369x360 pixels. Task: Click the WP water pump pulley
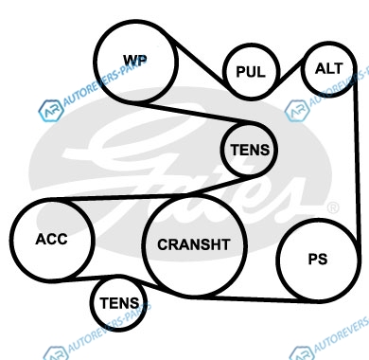point(136,62)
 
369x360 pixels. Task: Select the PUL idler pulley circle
point(251,72)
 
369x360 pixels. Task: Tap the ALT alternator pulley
point(329,69)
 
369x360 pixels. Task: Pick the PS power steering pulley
point(317,260)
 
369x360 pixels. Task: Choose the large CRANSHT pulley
point(194,245)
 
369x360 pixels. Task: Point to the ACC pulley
point(52,240)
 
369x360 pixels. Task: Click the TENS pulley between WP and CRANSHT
point(249,150)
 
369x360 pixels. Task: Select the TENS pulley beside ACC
point(119,303)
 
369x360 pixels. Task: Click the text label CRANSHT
point(194,244)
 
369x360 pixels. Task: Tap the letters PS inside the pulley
point(318,259)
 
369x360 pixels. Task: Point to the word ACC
point(51,239)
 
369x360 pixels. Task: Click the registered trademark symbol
point(333,207)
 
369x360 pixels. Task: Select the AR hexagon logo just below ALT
point(297,111)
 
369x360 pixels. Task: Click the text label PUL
point(251,72)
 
